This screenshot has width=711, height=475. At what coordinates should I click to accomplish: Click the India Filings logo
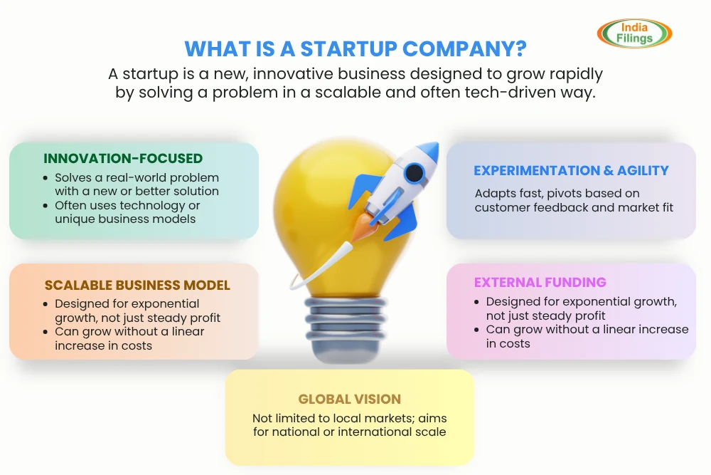(x=634, y=33)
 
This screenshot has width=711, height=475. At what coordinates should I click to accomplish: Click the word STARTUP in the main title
(x=348, y=49)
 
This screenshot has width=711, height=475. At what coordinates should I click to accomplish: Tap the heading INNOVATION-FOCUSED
(x=123, y=158)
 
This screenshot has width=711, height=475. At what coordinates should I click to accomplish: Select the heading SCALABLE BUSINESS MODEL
(x=137, y=285)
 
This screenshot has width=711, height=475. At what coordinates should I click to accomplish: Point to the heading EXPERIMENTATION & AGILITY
(x=571, y=170)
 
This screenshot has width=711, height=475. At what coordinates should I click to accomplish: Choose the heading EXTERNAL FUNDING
(x=540, y=282)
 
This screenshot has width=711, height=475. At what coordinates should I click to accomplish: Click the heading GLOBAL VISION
(x=349, y=399)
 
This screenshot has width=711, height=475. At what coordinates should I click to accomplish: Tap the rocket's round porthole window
(x=413, y=173)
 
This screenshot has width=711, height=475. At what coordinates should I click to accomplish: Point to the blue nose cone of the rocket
(x=428, y=150)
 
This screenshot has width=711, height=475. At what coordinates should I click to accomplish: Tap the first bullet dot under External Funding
(x=479, y=302)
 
